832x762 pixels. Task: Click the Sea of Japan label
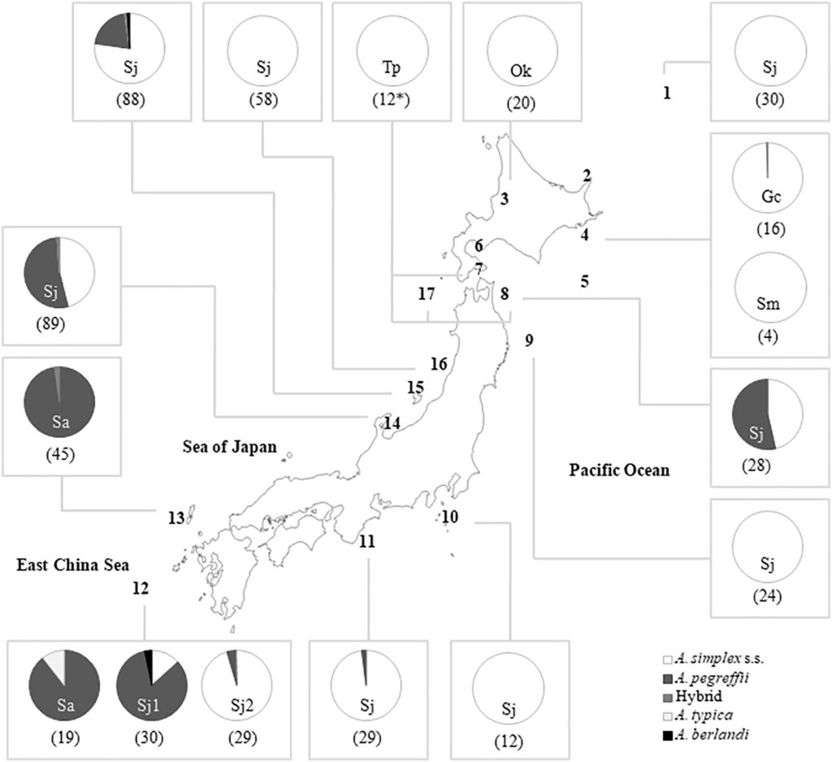[x=229, y=446]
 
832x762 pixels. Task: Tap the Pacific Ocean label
[x=617, y=470]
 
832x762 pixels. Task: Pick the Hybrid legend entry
[x=698, y=697]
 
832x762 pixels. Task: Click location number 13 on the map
[x=175, y=517]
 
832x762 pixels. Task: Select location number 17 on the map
[x=427, y=294]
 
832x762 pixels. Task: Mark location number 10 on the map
[x=450, y=517]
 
